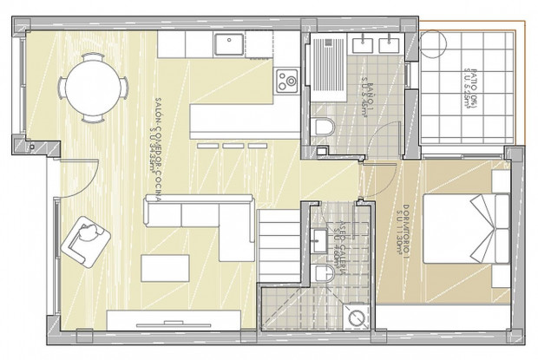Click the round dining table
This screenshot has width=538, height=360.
point(93,86)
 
